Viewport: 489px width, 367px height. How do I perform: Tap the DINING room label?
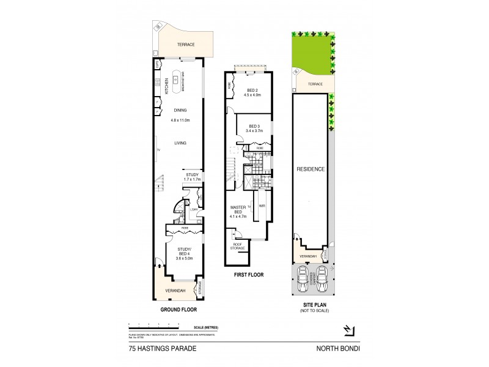click(180, 110)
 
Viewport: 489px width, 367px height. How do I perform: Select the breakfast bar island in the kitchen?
click(178, 79)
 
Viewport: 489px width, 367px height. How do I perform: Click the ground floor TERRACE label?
click(185, 45)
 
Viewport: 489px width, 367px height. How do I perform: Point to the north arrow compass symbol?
click(348, 330)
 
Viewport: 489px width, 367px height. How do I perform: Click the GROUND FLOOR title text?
click(177, 310)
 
